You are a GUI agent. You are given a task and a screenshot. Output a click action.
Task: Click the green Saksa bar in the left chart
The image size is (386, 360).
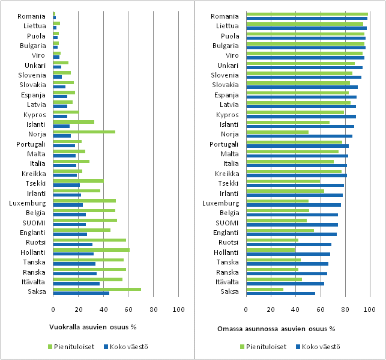[97, 289]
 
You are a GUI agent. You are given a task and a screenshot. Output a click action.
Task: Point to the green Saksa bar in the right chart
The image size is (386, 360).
[265, 289]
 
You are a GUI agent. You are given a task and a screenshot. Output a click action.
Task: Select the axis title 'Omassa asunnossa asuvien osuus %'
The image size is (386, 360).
[276, 329]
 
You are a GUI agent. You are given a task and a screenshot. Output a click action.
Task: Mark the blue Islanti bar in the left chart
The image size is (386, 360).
[61, 126]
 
